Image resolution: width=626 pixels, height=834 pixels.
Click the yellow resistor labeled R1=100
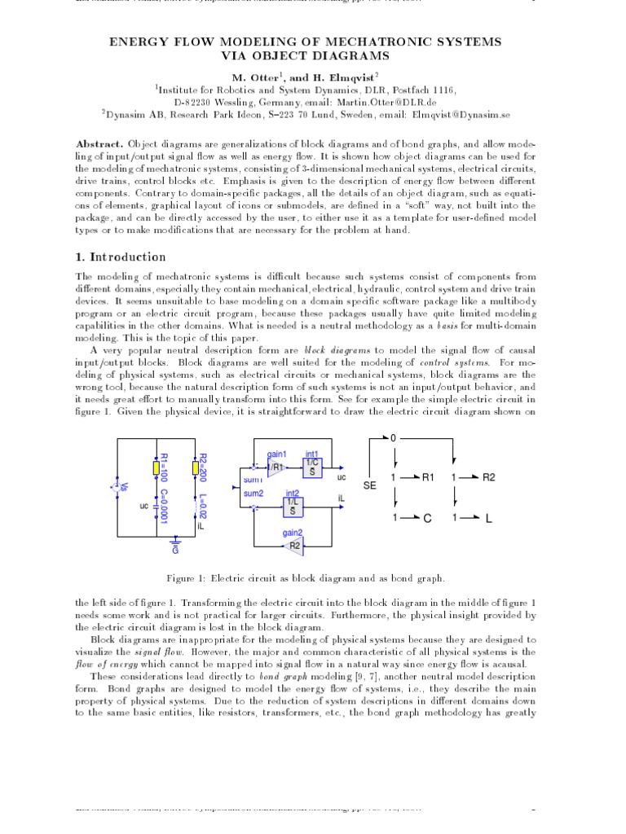155,467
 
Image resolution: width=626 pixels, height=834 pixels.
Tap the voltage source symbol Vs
115,486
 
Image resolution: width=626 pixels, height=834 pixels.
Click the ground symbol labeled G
174,541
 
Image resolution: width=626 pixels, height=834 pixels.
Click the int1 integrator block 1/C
313,467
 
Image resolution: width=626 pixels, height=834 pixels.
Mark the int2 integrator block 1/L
292,505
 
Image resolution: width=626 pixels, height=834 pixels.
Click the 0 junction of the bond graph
394,438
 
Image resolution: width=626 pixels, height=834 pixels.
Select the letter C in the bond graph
426,518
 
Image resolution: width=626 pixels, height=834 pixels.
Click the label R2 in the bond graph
487,477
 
